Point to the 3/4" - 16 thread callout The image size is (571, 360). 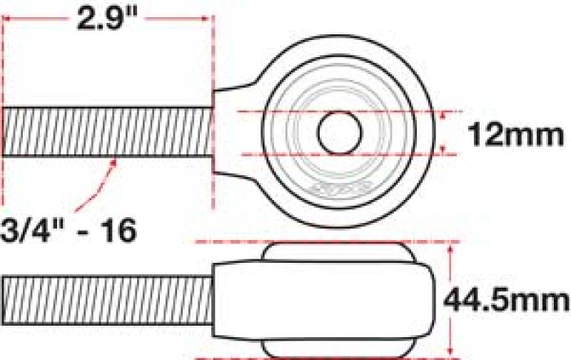pos(69,230)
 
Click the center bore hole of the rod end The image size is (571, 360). pos(338,132)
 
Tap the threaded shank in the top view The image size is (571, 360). pos(107,132)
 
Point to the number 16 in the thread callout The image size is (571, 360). pos(118,230)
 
